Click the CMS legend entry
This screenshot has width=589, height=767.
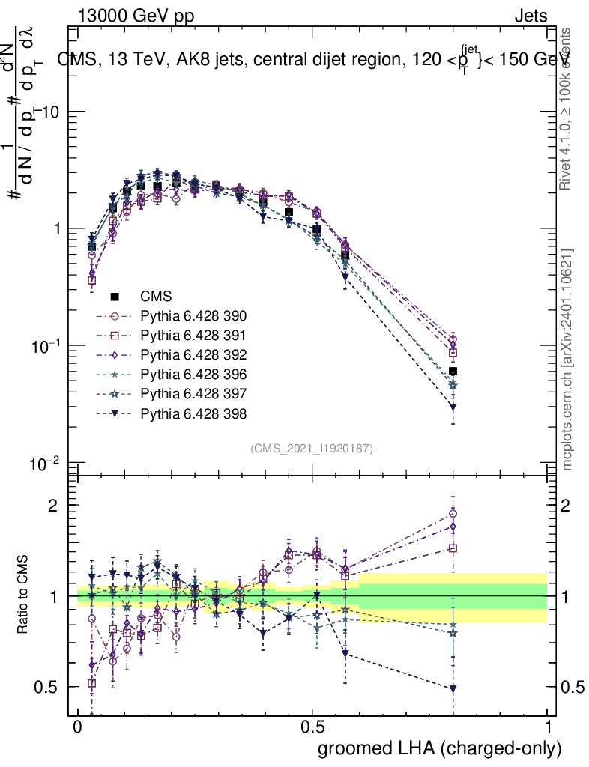(x=161, y=297)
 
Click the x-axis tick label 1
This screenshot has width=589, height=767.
(x=548, y=727)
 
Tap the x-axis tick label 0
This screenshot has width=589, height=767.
(x=78, y=727)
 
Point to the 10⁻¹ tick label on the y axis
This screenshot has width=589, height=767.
(x=49, y=346)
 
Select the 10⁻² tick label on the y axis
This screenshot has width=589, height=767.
(x=49, y=464)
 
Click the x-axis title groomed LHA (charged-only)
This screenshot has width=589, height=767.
(x=440, y=748)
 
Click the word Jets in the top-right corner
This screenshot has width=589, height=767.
(x=531, y=16)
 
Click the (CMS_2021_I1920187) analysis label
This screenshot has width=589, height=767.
(x=312, y=448)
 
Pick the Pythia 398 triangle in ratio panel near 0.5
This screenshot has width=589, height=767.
(x=453, y=688)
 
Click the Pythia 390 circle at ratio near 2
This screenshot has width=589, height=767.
(x=453, y=514)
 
